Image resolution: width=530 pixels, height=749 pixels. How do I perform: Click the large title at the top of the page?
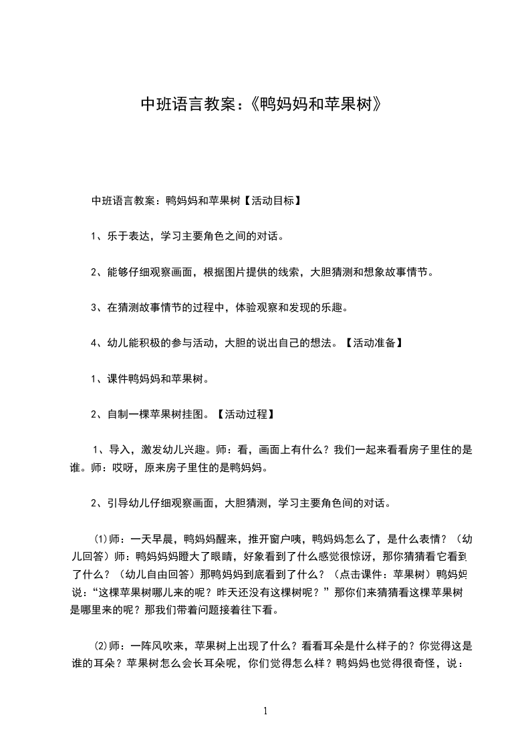(x=264, y=104)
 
